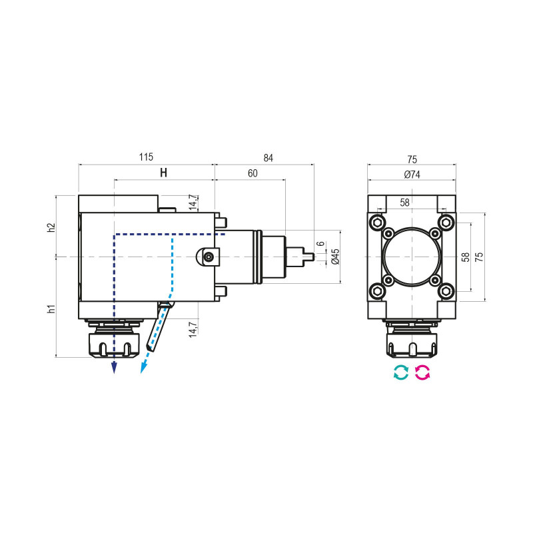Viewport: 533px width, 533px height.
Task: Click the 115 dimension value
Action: coord(146,157)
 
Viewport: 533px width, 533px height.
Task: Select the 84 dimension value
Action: coord(268,158)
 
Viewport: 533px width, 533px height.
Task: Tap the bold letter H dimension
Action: coord(163,173)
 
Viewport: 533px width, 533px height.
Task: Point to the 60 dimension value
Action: coord(253,173)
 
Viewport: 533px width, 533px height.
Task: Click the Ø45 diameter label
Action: coord(335,256)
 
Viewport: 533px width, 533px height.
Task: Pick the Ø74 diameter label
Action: coord(412,175)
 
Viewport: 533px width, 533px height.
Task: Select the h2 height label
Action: coord(51,227)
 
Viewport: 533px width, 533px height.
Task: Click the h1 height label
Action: coord(51,308)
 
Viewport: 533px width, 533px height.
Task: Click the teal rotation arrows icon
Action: coord(400,373)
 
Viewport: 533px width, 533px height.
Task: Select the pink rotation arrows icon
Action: coord(423,373)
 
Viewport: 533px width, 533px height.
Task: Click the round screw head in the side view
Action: coord(209,257)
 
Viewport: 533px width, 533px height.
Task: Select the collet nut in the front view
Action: coord(412,343)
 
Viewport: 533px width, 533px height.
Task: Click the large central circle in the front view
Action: coord(412,257)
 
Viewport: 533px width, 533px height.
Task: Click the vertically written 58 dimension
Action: coord(466,256)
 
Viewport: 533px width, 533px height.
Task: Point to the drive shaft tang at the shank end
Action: coord(307,256)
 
